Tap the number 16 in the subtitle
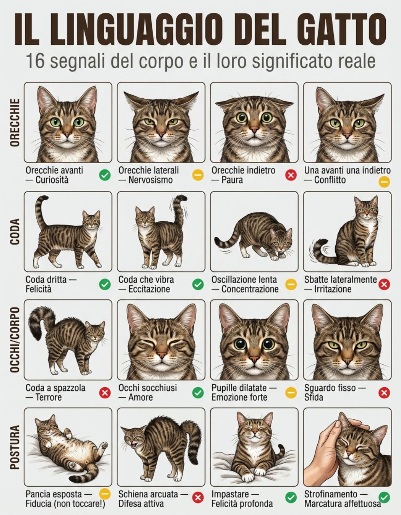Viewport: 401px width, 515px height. click(36, 61)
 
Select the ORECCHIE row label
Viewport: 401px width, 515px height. click(15, 122)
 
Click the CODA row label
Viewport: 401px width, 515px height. click(15, 232)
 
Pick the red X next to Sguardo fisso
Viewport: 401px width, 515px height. click(384, 393)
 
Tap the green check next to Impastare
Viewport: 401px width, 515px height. click(291, 497)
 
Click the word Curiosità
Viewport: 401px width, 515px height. click(52, 180)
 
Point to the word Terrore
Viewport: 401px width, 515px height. click(49, 397)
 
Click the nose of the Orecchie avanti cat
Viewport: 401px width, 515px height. click(67, 135)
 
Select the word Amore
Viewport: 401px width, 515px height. click(141, 397)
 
